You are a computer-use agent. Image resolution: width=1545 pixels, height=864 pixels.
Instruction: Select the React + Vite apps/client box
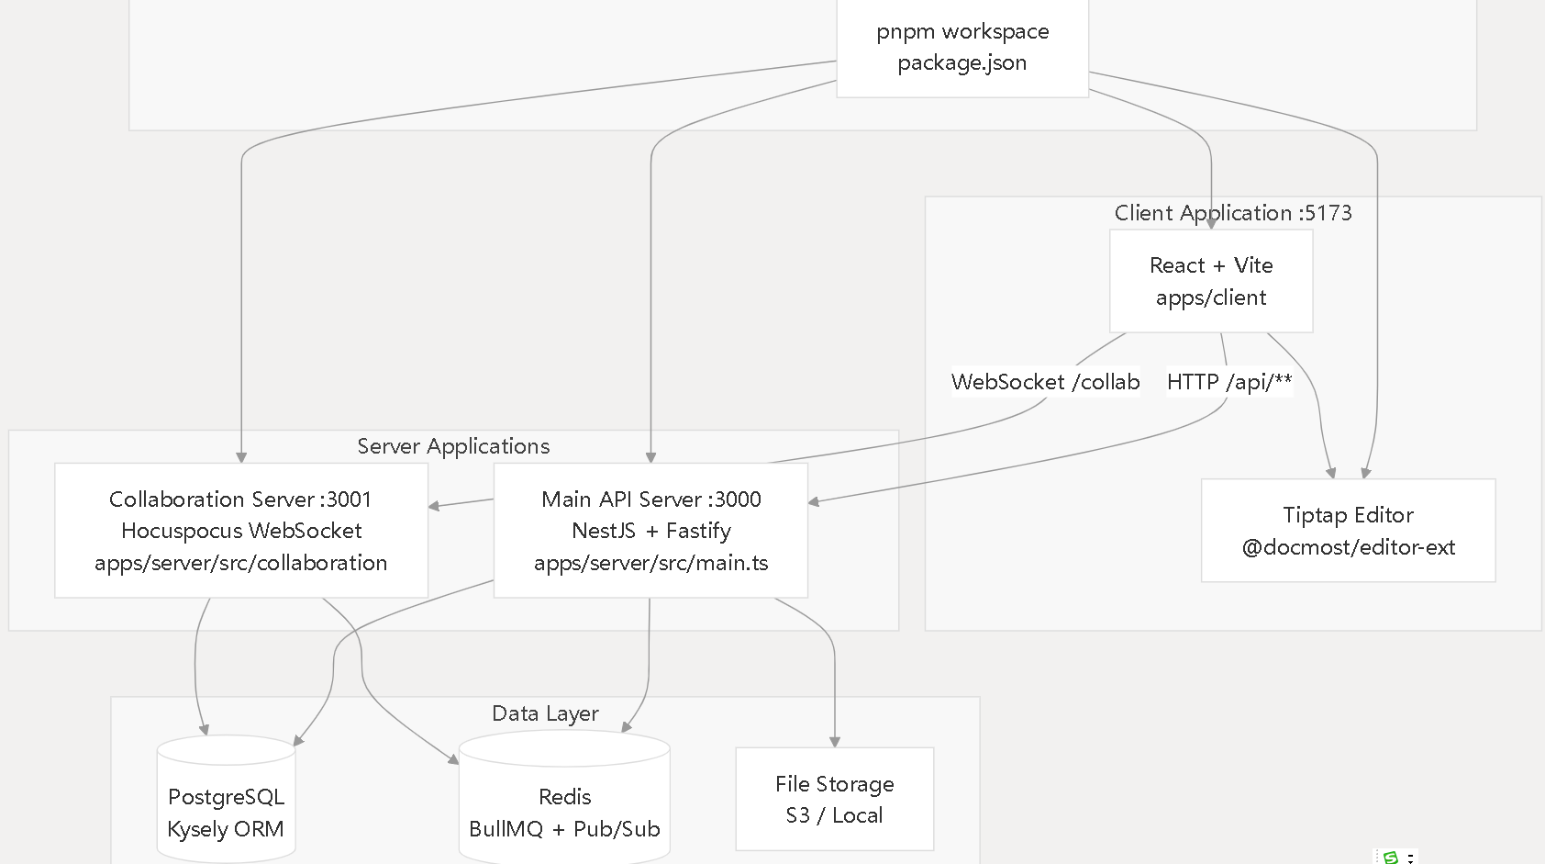(1211, 281)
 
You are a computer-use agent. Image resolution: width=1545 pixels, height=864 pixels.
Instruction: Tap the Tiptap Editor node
(1349, 531)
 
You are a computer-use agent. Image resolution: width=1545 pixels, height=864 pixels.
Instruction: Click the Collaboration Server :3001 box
(241, 530)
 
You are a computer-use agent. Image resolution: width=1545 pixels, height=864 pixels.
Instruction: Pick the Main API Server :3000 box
(651, 530)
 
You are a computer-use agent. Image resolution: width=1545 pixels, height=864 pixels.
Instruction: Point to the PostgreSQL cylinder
(227, 799)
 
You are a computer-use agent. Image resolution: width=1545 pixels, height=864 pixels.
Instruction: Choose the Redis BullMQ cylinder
(564, 798)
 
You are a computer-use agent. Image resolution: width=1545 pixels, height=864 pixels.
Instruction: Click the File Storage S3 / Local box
(835, 799)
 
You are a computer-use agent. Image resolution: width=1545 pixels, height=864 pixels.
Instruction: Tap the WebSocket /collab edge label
(1045, 382)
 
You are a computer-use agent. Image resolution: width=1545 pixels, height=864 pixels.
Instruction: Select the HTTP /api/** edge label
(1229, 382)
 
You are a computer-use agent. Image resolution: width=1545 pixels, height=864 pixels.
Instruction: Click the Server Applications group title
(453, 446)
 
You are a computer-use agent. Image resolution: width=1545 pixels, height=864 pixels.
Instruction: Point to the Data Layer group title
(545, 713)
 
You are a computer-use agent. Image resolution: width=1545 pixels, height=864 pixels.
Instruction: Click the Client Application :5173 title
(1233, 213)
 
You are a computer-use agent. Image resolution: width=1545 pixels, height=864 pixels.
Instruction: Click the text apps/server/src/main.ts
(651, 563)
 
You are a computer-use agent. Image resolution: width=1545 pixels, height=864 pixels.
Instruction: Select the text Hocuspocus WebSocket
(241, 531)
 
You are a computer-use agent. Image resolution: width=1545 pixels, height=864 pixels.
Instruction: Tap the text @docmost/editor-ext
(1349, 547)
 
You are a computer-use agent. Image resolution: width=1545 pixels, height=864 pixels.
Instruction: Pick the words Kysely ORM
(226, 829)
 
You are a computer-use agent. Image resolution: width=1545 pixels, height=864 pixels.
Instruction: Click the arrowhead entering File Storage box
(835, 743)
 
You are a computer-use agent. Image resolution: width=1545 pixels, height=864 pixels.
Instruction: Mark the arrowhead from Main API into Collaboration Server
(434, 506)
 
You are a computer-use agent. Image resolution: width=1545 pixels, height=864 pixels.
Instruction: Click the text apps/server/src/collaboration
(240, 563)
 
